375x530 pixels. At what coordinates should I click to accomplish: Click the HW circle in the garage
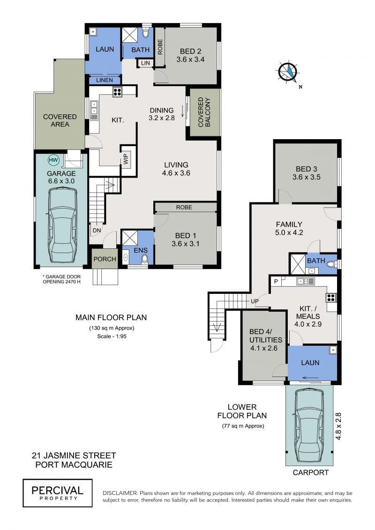click(53, 159)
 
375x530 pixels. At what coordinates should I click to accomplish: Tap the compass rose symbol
click(288, 73)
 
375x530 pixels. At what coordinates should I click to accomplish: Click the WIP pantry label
click(126, 159)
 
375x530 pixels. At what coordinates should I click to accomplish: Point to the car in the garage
click(63, 226)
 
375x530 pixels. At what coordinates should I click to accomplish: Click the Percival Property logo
click(58, 493)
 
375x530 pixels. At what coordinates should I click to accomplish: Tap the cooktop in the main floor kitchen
click(117, 92)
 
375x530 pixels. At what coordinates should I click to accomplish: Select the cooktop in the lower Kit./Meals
click(330, 298)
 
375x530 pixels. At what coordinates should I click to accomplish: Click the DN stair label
click(97, 231)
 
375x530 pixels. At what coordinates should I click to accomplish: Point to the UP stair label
click(255, 301)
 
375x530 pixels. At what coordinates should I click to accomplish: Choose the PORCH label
click(105, 259)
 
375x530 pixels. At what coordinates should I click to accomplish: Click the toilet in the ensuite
click(145, 259)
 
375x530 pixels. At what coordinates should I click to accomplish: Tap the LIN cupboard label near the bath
click(145, 63)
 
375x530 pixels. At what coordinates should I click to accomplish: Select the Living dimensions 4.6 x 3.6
click(176, 173)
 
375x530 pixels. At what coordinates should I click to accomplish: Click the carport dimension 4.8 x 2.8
click(338, 426)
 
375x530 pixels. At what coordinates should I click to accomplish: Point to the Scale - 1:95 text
click(112, 336)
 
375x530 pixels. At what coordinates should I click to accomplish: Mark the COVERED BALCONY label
click(204, 112)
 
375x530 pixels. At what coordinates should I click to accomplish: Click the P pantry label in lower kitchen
click(276, 281)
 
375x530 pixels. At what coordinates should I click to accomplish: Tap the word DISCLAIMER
click(120, 493)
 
